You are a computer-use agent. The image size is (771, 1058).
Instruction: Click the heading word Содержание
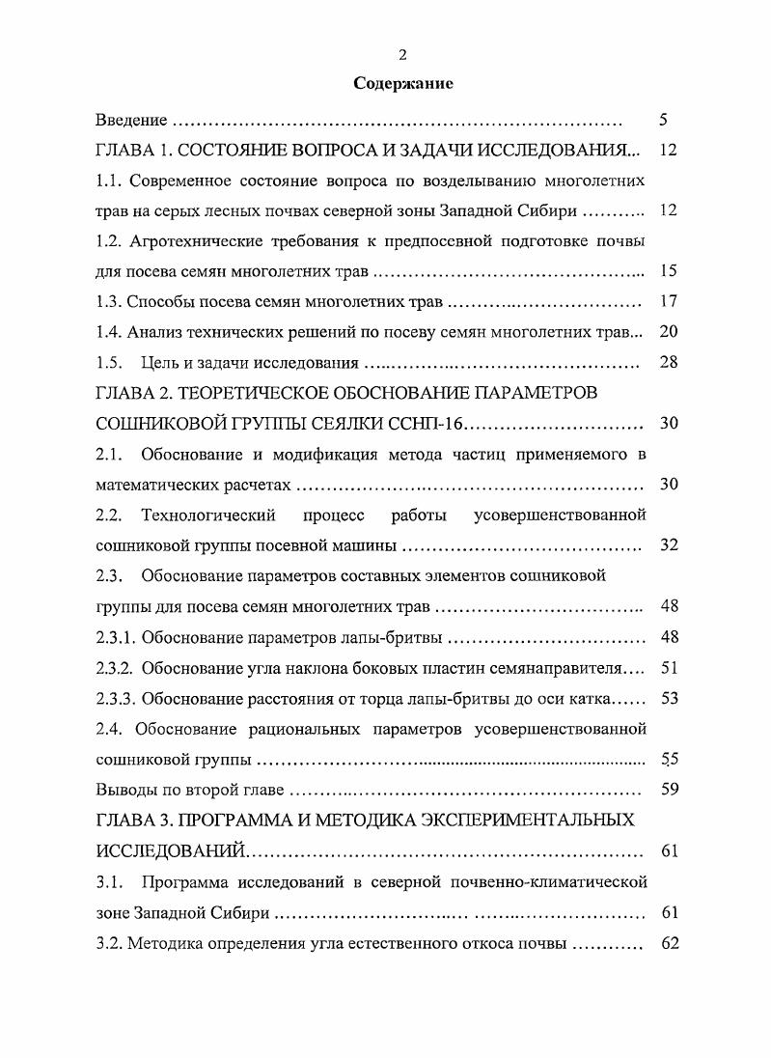(403, 84)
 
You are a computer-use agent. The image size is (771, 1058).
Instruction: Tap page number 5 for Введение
(664, 121)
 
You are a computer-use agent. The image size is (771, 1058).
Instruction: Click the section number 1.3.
(110, 302)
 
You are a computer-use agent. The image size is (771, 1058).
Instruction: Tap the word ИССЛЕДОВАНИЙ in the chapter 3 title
(172, 850)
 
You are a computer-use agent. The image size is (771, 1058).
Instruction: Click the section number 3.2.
(110, 942)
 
